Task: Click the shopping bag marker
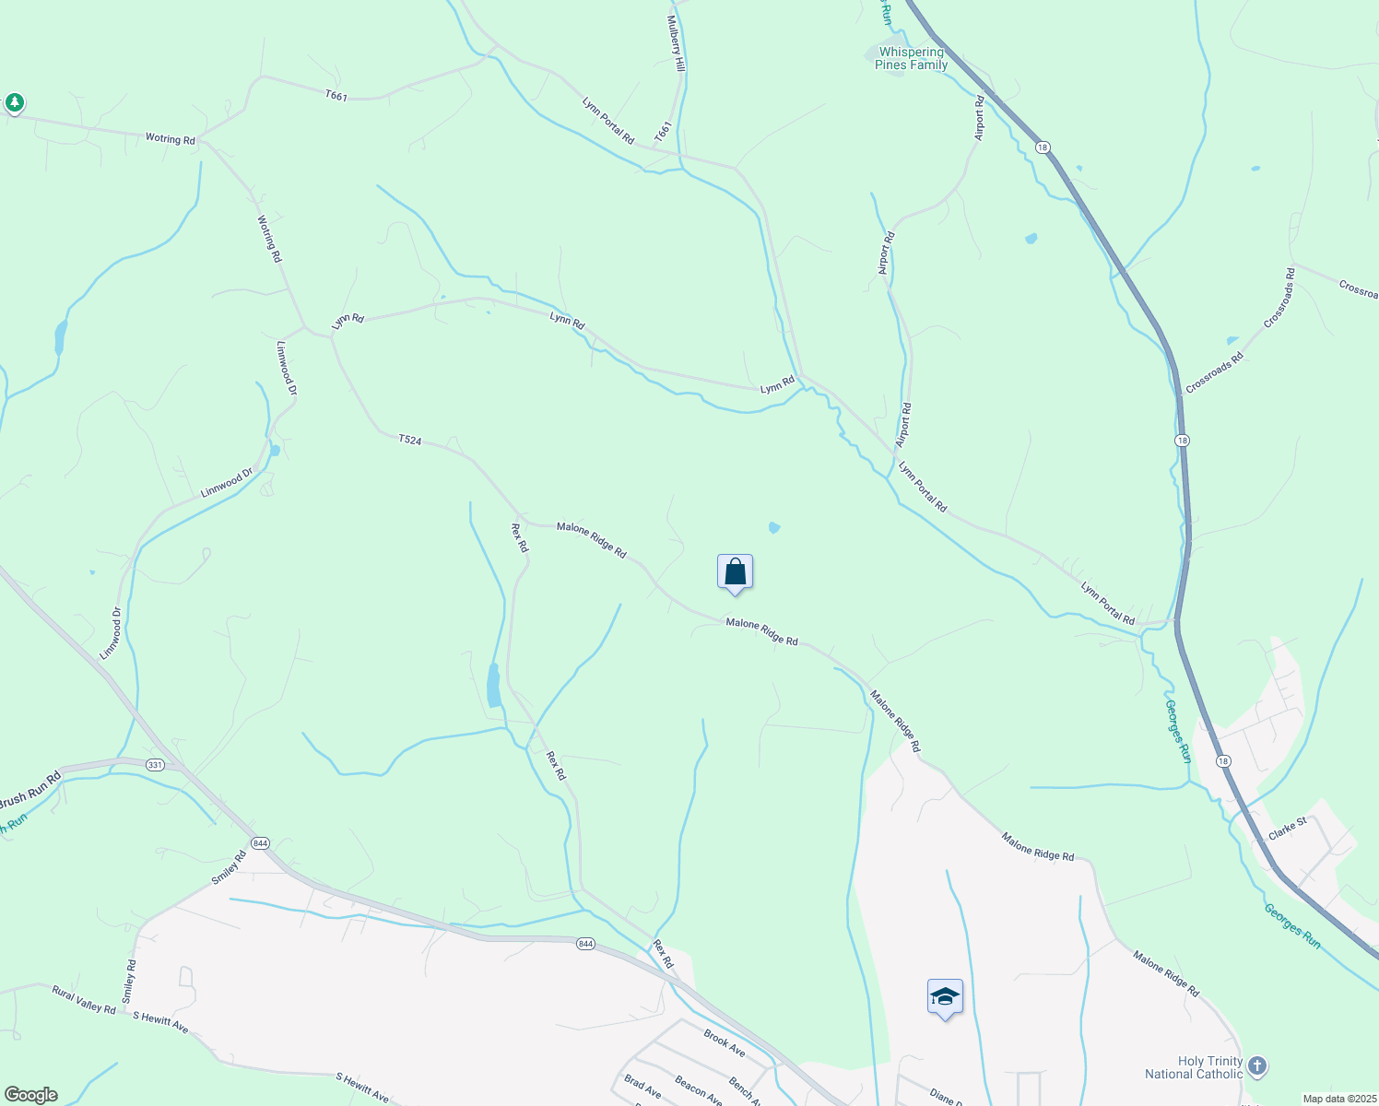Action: pyautogui.click(x=735, y=572)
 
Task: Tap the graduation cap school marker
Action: pyautogui.click(x=945, y=997)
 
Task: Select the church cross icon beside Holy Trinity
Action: pyautogui.click(x=1256, y=1067)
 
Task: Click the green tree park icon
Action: pyautogui.click(x=14, y=102)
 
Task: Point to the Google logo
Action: pyautogui.click(x=30, y=1094)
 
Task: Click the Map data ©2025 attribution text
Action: pyautogui.click(x=1338, y=1099)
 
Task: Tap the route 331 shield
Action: pyautogui.click(x=155, y=764)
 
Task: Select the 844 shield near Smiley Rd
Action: pyautogui.click(x=261, y=843)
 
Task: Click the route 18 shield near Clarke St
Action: pyautogui.click(x=1222, y=760)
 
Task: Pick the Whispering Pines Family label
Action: pyautogui.click(x=911, y=58)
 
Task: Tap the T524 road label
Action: pyautogui.click(x=410, y=441)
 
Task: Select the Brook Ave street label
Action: pyautogui.click(x=724, y=1042)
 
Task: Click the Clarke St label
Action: pyautogui.click(x=1288, y=828)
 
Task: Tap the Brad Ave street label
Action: pyautogui.click(x=642, y=1087)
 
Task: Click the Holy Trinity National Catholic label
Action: pyautogui.click(x=1194, y=1067)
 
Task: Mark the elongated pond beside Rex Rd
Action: pyautogui.click(x=494, y=686)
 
